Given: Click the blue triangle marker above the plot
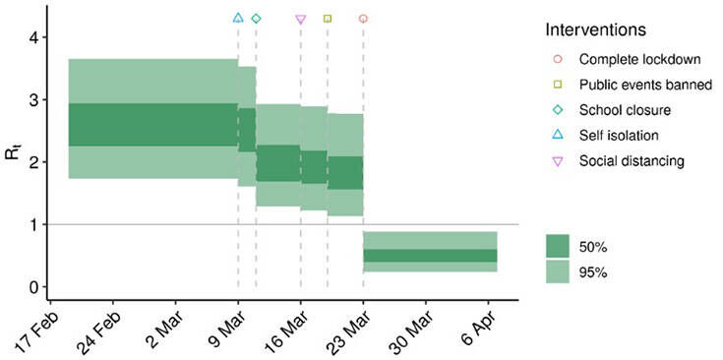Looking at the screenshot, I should click(x=238, y=18).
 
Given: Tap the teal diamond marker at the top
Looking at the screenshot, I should click(x=256, y=18).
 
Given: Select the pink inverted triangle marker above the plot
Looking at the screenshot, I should click(x=301, y=19).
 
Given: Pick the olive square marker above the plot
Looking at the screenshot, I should click(x=328, y=18).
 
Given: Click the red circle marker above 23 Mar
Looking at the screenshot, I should click(x=363, y=18).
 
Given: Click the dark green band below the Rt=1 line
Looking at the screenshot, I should click(x=430, y=256).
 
